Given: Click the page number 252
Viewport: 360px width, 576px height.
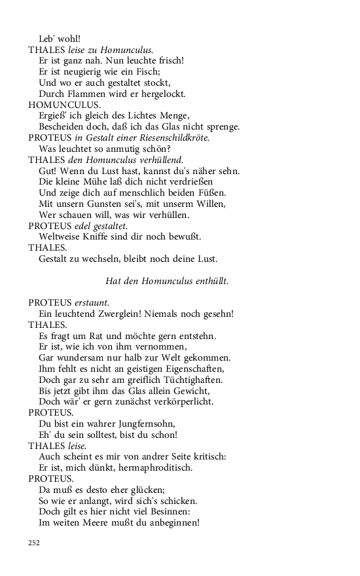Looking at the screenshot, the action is (34, 542).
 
